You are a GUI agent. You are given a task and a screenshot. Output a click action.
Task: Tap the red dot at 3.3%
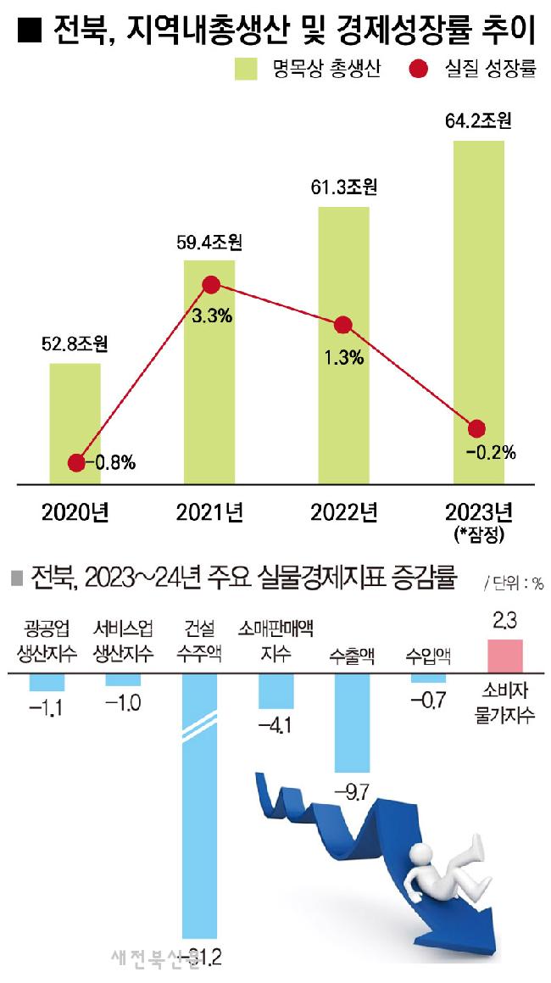tap(211, 286)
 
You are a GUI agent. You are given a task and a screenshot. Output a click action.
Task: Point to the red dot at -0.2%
tap(477, 428)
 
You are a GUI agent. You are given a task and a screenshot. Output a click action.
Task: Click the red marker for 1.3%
tap(343, 325)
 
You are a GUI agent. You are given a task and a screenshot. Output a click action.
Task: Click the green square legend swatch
tap(247, 70)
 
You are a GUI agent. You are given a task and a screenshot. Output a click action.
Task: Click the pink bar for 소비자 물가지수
tap(505, 656)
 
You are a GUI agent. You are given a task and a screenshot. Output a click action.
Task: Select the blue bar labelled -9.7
tap(353, 722)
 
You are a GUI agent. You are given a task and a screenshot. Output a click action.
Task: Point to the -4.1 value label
tap(277, 725)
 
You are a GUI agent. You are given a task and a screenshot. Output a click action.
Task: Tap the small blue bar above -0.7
tap(428, 679)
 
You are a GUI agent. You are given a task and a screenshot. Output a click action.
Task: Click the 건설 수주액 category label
tap(200, 641)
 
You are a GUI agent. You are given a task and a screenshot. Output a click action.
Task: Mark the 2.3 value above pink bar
tap(505, 623)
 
